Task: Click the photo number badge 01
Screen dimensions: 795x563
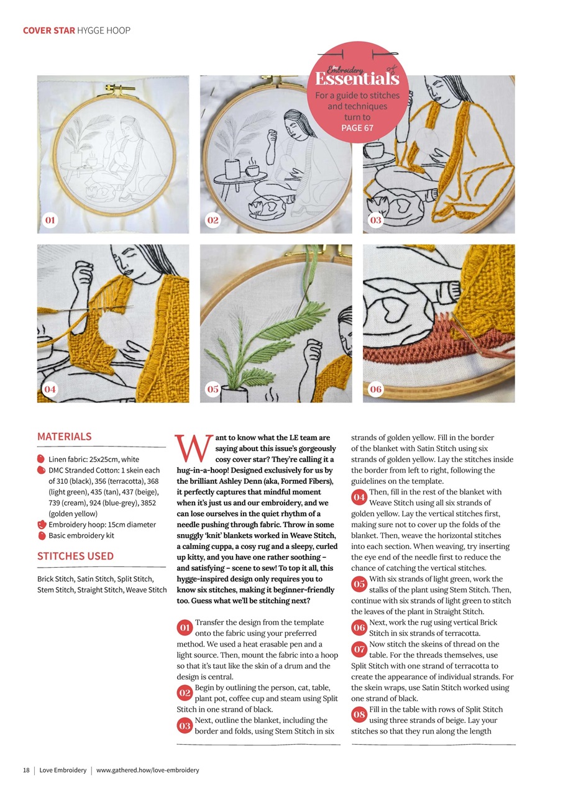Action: click(x=50, y=220)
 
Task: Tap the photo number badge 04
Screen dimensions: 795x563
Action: click(x=50, y=389)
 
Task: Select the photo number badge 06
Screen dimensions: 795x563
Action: click(x=376, y=389)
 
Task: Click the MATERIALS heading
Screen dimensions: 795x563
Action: click(x=65, y=437)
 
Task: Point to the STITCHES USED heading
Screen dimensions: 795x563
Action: click(x=76, y=556)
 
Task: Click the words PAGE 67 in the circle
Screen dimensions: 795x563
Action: click(x=357, y=128)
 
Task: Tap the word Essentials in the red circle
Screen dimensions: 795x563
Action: click(x=357, y=79)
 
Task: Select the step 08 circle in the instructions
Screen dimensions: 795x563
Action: click(x=359, y=715)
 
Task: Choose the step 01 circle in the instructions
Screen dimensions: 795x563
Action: click(x=185, y=628)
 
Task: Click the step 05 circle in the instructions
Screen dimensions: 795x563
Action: click(x=359, y=584)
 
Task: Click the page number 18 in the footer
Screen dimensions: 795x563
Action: click(x=27, y=770)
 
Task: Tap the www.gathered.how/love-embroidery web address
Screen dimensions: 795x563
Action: click(x=148, y=770)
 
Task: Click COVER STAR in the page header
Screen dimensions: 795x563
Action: click(x=48, y=30)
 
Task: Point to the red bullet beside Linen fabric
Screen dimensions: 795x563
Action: click(x=42, y=459)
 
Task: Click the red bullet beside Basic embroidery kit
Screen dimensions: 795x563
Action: click(x=42, y=535)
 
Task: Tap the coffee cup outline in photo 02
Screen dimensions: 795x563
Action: click(x=254, y=170)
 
